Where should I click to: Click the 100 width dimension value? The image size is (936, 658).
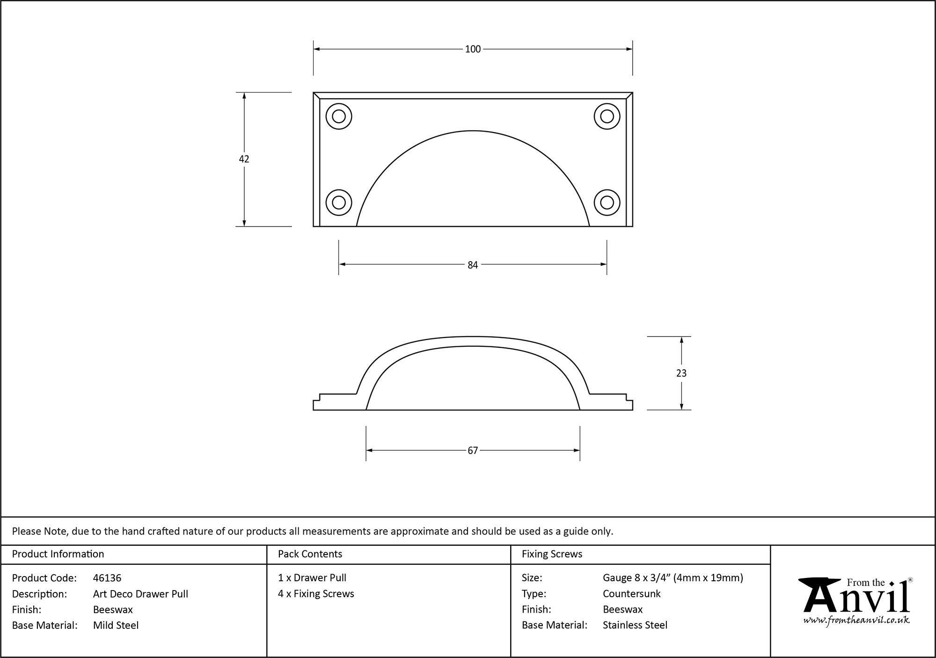pyautogui.click(x=473, y=49)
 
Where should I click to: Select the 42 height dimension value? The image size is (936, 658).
pyautogui.click(x=244, y=159)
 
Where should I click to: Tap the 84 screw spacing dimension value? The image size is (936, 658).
pyautogui.click(x=473, y=265)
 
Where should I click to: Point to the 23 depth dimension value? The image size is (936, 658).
pyautogui.click(x=681, y=373)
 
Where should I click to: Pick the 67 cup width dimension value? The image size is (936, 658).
pyautogui.click(x=473, y=450)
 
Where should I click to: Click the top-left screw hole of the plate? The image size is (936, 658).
pyautogui.click(x=339, y=116)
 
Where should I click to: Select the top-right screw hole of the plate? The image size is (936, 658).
pyautogui.click(x=607, y=116)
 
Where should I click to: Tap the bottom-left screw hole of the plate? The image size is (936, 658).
pyautogui.click(x=339, y=203)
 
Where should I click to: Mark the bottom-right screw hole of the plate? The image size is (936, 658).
pyautogui.click(x=607, y=203)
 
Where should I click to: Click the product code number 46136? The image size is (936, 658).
pyautogui.click(x=107, y=578)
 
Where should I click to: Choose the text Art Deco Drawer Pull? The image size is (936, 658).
pyautogui.click(x=140, y=594)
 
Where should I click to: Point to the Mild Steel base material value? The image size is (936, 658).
pyautogui.click(x=116, y=625)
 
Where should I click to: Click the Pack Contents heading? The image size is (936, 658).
pyautogui.click(x=310, y=554)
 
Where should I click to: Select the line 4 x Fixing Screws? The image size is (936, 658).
pyautogui.click(x=316, y=593)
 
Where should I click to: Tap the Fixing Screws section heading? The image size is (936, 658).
pyautogui.click(x=552, y=554)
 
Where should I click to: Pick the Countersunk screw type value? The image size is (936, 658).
pyautogui.click(x=631, y=594)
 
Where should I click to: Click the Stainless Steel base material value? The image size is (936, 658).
pyautogui.click(x=635, y=625)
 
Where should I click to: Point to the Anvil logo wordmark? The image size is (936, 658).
pyautogui.click(x=856, y=598)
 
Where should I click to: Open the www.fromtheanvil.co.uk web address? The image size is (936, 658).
pyautogui.click(x=856, y=620)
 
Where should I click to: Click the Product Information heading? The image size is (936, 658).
pyautogui.click(x=58, y=554)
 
